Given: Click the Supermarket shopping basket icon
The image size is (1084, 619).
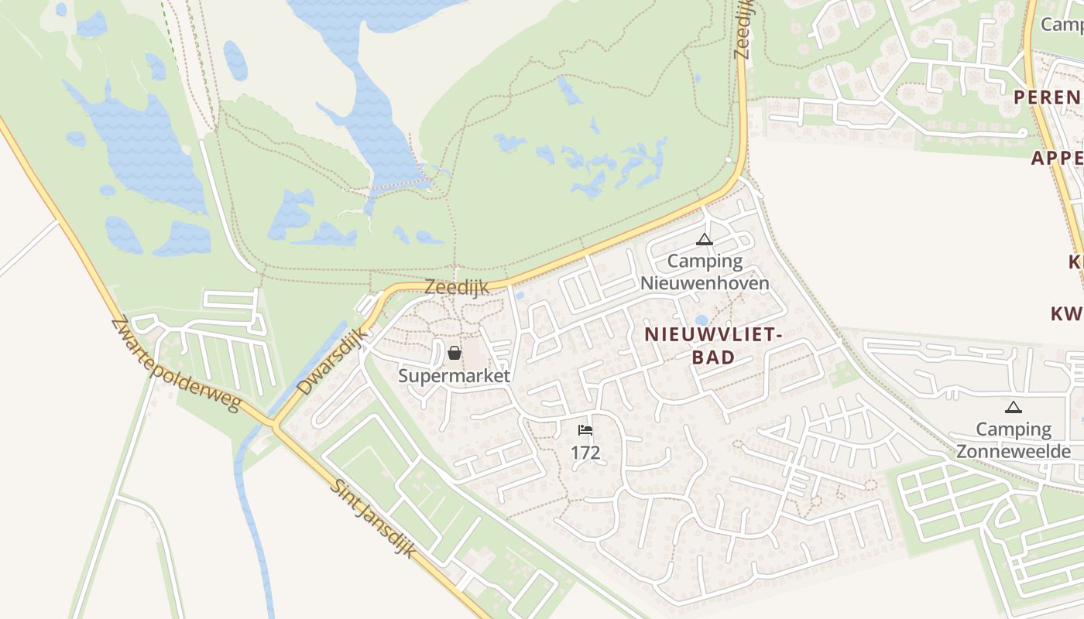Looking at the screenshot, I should (455, 354).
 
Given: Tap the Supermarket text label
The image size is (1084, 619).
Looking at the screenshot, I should (455, 376).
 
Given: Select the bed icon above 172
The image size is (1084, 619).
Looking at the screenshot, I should (585, 430).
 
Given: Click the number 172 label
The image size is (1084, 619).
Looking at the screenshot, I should (585, 453).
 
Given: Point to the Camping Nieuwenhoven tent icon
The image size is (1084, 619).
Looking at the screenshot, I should (704, 240).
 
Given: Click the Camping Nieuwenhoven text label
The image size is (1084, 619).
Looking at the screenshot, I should (705, 272).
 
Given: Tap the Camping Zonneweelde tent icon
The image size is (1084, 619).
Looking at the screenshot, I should (1013, 407).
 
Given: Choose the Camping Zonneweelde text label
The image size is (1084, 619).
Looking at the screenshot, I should (1014, 440).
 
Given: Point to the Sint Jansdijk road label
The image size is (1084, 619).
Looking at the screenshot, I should (372, 518).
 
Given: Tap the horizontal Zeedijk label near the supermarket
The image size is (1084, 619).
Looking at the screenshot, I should (457, 287).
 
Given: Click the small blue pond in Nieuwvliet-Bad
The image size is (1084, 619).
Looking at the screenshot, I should (702, 320).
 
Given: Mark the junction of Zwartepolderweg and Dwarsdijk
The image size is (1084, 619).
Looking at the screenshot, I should (273, 424).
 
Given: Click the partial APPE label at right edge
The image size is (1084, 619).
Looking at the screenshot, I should (1057, 159).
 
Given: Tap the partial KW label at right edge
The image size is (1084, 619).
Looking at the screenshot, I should (1067, 314).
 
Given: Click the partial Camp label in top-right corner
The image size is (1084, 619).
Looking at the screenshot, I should (1062, 25).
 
